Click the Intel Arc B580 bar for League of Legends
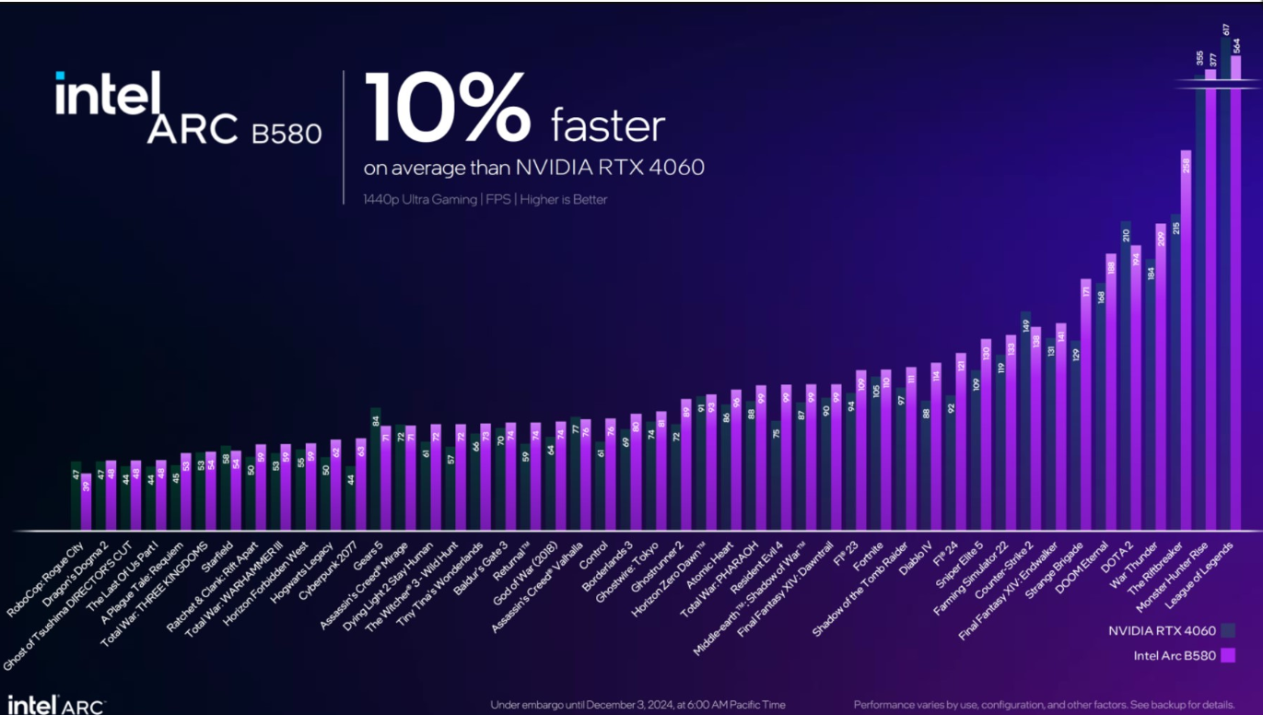[x=1236, y=295]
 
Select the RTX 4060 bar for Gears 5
[x=375, y=470]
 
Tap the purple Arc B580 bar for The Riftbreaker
[x=1186, y=341]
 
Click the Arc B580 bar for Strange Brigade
[x=1086, y=405]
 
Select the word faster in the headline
[x=608, y=126]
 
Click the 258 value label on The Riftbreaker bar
[x=1187, y=166]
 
